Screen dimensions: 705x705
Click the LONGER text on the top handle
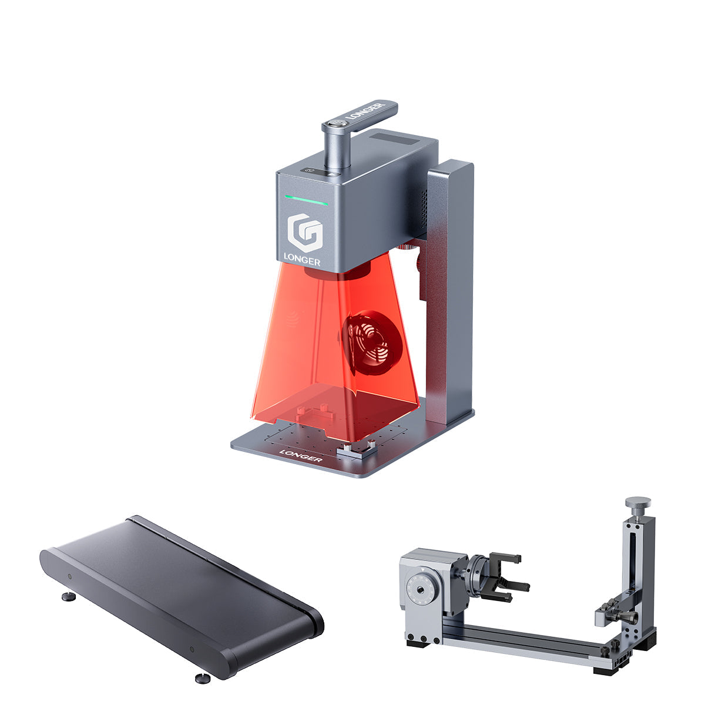(366, 112)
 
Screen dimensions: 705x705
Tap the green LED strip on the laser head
(307, 200)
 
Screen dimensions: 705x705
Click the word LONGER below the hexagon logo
(302, 258)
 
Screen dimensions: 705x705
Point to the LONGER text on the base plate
(300, 455)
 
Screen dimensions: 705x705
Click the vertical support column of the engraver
(449, 294)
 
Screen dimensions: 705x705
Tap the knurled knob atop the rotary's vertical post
(637, 503)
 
